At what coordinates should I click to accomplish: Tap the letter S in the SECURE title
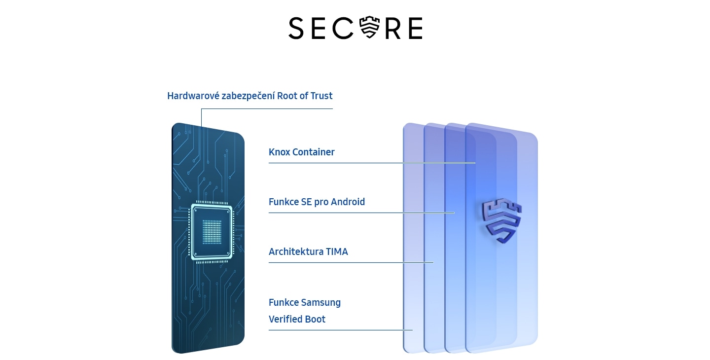296,28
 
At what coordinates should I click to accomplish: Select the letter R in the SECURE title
393,28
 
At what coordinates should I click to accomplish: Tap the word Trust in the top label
321,96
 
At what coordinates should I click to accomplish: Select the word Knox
279,152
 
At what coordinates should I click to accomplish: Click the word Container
314,152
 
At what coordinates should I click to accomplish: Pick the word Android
348,202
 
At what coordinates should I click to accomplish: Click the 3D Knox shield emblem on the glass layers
501,221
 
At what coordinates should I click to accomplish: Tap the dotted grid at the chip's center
212,231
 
